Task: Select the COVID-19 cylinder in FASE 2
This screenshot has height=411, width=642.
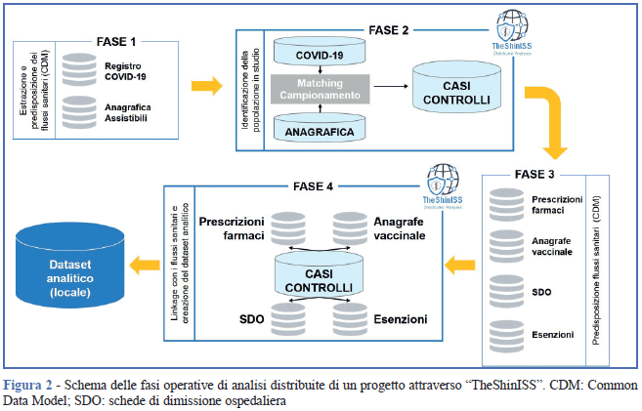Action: [x=321, y=55]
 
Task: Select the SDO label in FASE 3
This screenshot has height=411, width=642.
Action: [x=543, y=292]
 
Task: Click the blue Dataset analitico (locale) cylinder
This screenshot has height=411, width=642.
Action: [x=70, y=264]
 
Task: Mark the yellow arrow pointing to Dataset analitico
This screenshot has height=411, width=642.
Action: [x=148, y=263]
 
